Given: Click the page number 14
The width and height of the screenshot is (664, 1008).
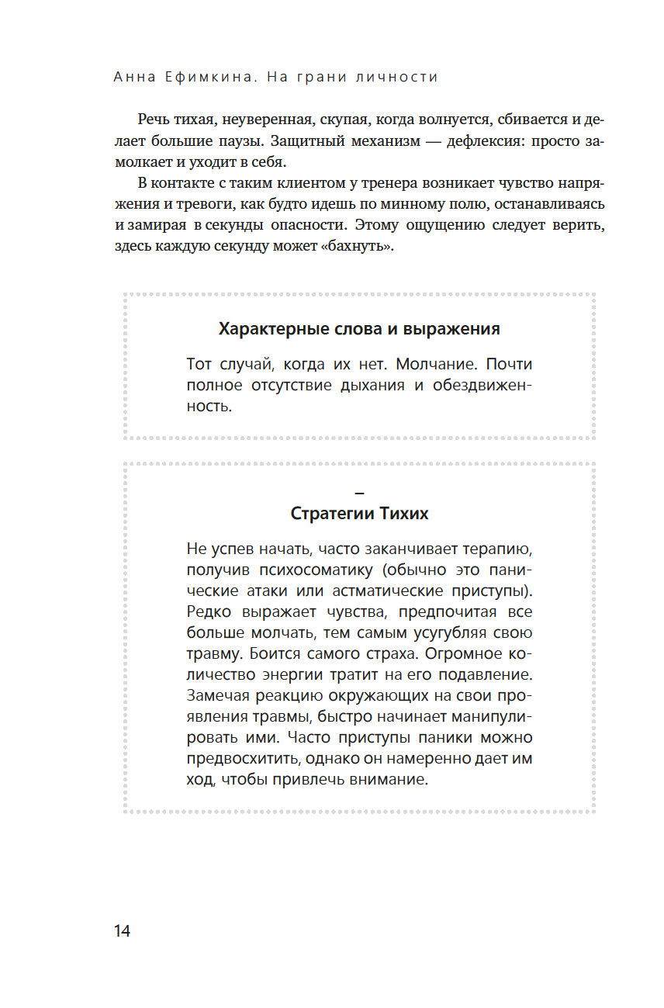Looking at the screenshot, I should click(122, 931).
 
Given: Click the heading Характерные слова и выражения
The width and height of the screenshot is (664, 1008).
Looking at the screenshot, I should click(359, 328).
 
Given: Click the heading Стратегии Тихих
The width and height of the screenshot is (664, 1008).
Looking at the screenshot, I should click(359, 514).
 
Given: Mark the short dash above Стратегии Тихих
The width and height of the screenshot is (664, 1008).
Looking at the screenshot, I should click(359, 492).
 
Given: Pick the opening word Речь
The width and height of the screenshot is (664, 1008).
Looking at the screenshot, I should click(154, 120).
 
